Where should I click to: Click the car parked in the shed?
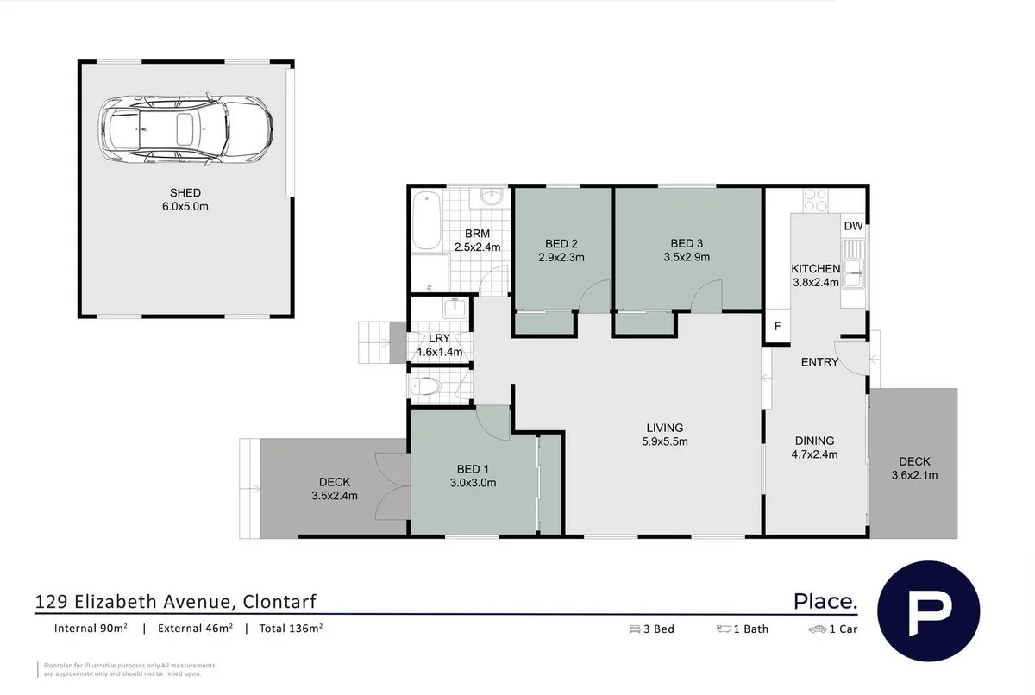(185, 130)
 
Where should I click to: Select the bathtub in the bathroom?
(425, 222)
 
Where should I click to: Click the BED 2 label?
(561, 242)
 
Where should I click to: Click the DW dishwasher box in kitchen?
(853, 227)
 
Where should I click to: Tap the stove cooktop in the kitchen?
(815, 200)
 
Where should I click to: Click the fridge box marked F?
(777, 327)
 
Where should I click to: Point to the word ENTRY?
(819, 362)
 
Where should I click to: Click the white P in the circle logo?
(928, 610)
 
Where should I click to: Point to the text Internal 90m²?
(91, 629)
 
